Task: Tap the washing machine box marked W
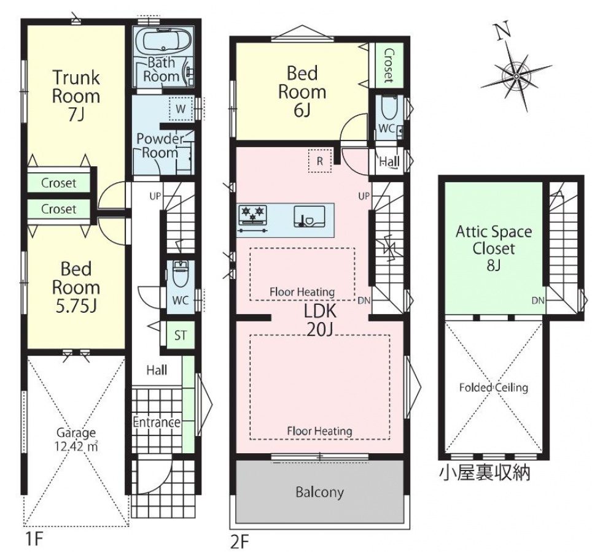[x=181, y=109]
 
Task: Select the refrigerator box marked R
[x=319, y=161]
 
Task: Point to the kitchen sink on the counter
[x=309, y=217]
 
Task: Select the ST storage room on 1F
[x=180, y=335]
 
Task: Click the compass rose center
[x=516, y=77]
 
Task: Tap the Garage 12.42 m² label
[x=76, y=440]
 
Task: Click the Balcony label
[x=319, y=492]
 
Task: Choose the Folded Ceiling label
[x=494, y=388]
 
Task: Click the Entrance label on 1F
[x=157, y=423]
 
